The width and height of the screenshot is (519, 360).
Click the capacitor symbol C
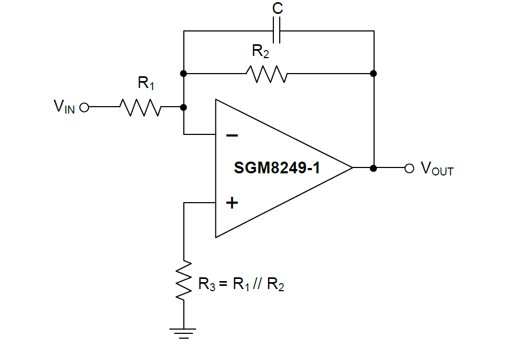[278, 31]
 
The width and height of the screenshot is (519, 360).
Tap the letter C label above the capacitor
[278, 9]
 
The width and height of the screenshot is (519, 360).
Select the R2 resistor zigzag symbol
[267, 74]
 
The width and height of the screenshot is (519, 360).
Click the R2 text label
[261, 52]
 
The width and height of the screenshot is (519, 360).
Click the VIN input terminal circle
[84, 107]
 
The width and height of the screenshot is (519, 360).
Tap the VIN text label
[64, 107]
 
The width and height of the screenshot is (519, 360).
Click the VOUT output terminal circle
[409, 168]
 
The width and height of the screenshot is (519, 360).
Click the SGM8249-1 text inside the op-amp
[277, 169]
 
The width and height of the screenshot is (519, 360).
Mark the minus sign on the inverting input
[232, 135]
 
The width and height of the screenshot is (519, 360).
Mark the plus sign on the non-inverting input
[232, 203]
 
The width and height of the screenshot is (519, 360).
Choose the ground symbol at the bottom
[184, 333]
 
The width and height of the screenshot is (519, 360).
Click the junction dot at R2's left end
[184, 74]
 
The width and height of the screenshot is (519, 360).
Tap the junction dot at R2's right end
[374, 74]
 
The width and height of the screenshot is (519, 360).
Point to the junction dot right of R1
[184, 107]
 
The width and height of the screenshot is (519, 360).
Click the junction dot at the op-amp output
[374, 168]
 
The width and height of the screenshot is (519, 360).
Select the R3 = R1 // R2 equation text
[241, 284]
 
